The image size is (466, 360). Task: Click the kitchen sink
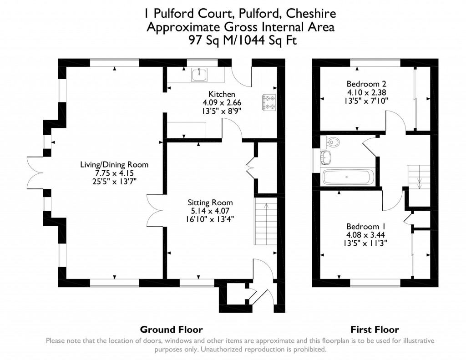(199, 74)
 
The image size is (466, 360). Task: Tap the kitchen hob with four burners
(268, 102)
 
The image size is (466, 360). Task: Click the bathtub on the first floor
(348, 177)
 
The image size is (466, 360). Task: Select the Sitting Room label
(211, 203)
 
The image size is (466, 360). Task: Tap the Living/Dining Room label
(114, 165)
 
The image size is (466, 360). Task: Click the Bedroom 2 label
(366, 84)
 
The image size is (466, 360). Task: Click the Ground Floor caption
(171, 330)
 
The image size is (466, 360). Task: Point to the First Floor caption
(375, 330)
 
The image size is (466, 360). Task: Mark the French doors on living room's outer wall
(35, 172)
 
